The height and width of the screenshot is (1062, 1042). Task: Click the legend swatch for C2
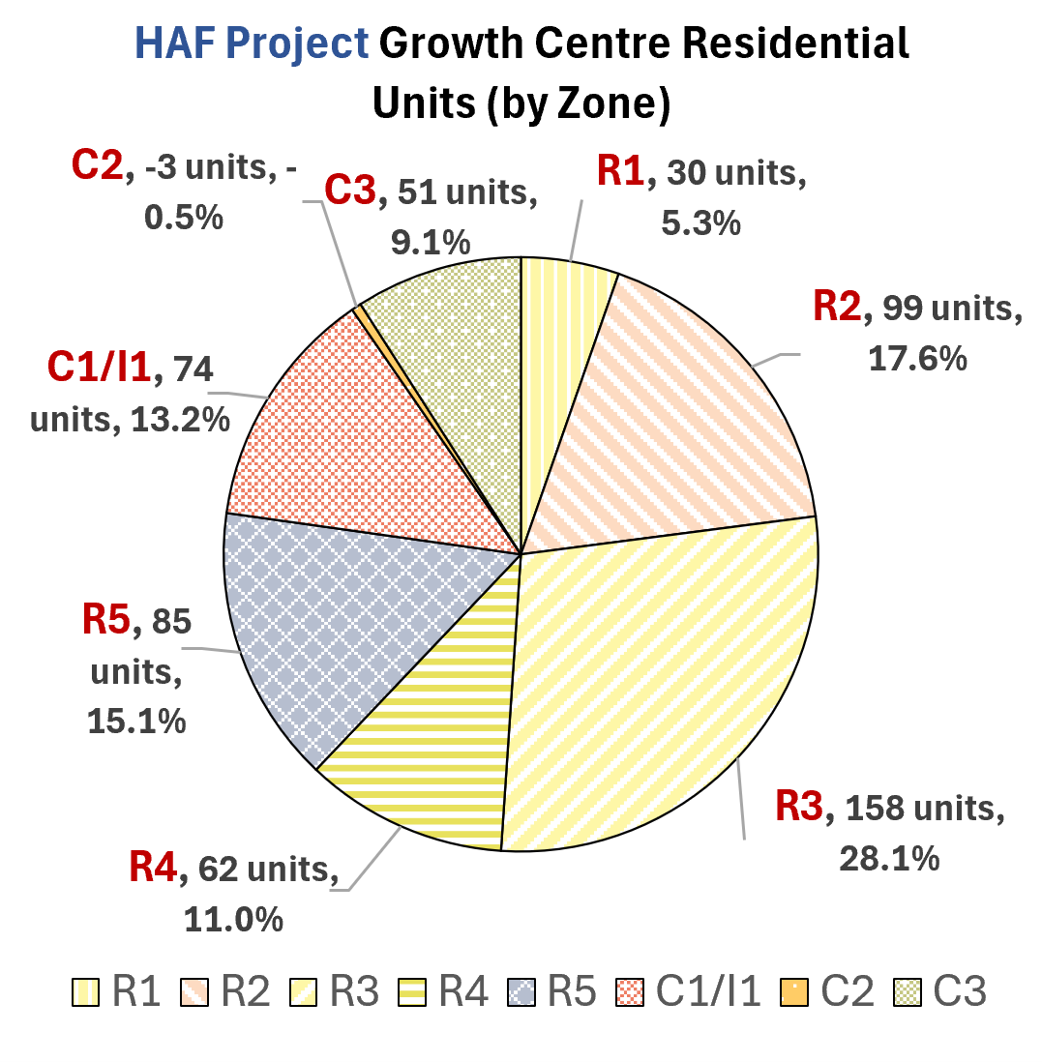794,992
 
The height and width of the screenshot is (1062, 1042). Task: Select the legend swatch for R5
521,992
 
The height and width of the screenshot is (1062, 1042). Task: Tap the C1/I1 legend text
708,991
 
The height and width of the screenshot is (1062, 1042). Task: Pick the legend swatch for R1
86,992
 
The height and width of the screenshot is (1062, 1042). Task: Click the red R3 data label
799,806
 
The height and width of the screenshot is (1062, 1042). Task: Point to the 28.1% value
889,859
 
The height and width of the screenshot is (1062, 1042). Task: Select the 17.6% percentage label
917,358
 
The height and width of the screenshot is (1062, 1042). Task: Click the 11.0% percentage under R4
233,920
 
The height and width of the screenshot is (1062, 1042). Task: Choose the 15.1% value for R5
136,722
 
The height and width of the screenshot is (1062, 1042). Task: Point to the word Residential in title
795,44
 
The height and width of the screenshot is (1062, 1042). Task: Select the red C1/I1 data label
99,368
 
